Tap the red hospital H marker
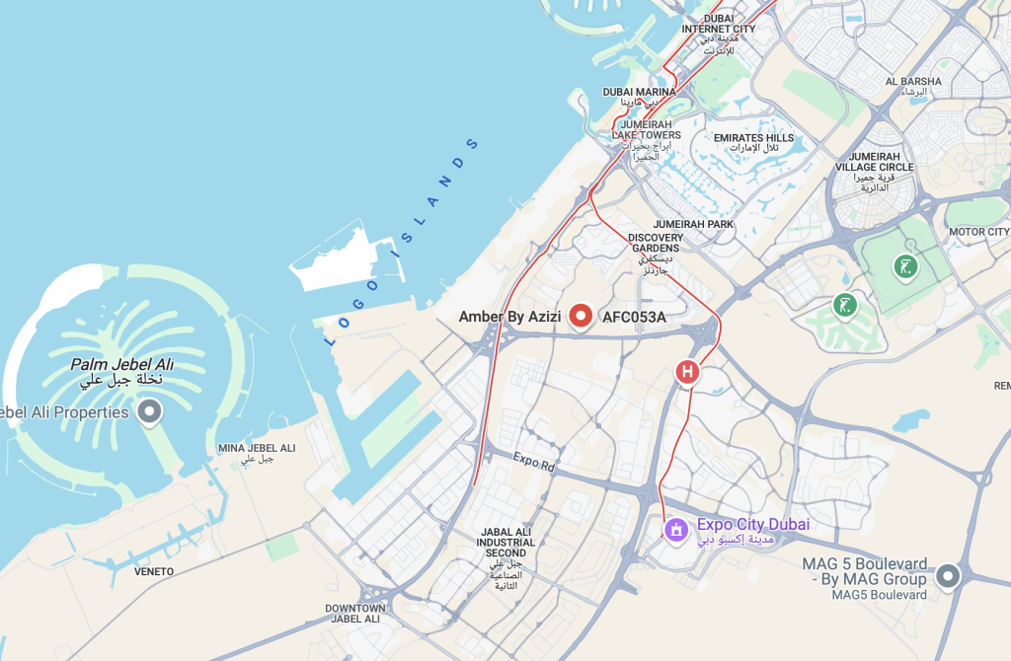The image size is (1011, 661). pos(687,372)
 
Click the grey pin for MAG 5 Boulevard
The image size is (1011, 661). pos(949,575)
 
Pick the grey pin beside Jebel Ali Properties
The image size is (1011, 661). pos(150,411)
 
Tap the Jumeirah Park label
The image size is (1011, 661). pos(693,225)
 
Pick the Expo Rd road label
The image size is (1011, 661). pos(535,461)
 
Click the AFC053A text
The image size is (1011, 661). pos(634,317)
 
